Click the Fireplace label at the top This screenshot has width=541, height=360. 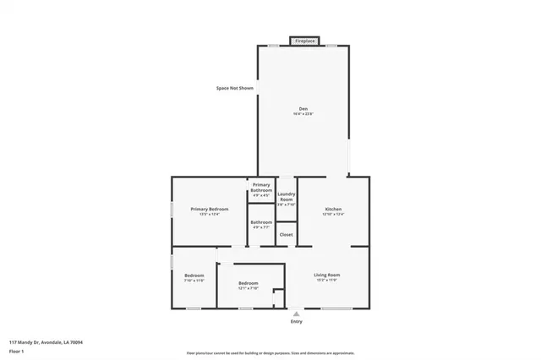[x=304, y=40]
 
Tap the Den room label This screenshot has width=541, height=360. [x=303, y=107]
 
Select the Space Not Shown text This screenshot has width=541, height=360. [x=235, y=88]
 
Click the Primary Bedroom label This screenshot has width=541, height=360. [x=209, y=209]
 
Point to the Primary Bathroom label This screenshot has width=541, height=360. [x=261, y=188]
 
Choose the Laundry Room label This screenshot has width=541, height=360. [x=287, y=196]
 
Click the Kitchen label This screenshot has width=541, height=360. [x=333, y=209]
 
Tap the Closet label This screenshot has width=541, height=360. [x=287, y=234]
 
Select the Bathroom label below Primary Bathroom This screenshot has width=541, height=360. [x=261, y=222]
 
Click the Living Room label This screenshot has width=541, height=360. [x=327, y=275]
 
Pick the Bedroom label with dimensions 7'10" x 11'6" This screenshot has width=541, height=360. [x=194, y=275]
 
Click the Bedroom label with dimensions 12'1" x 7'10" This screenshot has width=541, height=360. [x=248, y=282]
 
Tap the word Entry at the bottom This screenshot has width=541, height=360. [x=296, y=321]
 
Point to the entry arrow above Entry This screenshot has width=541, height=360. [x=296, y=313]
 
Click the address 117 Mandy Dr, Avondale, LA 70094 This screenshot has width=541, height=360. [x=46, y=342]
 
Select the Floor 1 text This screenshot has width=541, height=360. [x=16, y=351]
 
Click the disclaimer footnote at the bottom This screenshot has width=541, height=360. [x=270, y=353]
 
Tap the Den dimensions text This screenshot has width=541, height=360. [x=303, y=114]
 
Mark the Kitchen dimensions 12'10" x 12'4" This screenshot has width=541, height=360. [x=333, y=215]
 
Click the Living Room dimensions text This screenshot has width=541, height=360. [x=327, y=281]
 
